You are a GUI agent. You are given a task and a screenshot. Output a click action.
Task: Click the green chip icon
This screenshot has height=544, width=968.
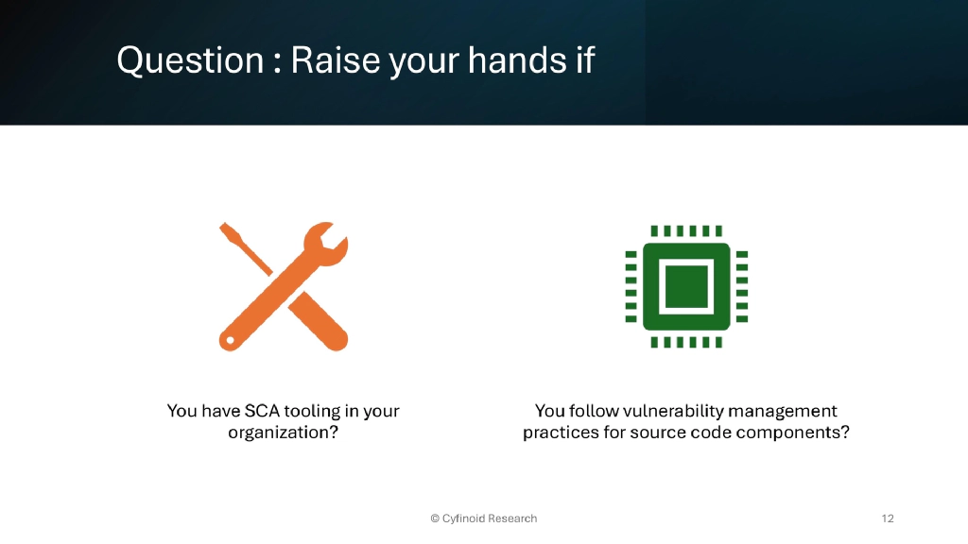686,285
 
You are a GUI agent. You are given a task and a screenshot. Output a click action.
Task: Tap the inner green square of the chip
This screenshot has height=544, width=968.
686,285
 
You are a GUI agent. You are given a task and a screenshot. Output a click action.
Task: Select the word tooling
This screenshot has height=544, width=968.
317,412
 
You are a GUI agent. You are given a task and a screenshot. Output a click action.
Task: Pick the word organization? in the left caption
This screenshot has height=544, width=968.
284,433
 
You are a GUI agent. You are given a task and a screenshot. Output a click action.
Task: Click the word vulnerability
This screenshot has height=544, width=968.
669,411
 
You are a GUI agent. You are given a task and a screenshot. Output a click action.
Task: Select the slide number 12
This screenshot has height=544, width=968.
887,518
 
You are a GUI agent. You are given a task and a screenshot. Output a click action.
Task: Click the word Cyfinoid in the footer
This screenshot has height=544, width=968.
463,518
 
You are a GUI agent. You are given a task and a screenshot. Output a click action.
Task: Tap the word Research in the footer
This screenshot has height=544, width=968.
512,518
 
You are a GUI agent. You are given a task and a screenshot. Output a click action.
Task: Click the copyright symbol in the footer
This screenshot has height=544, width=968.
435,518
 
